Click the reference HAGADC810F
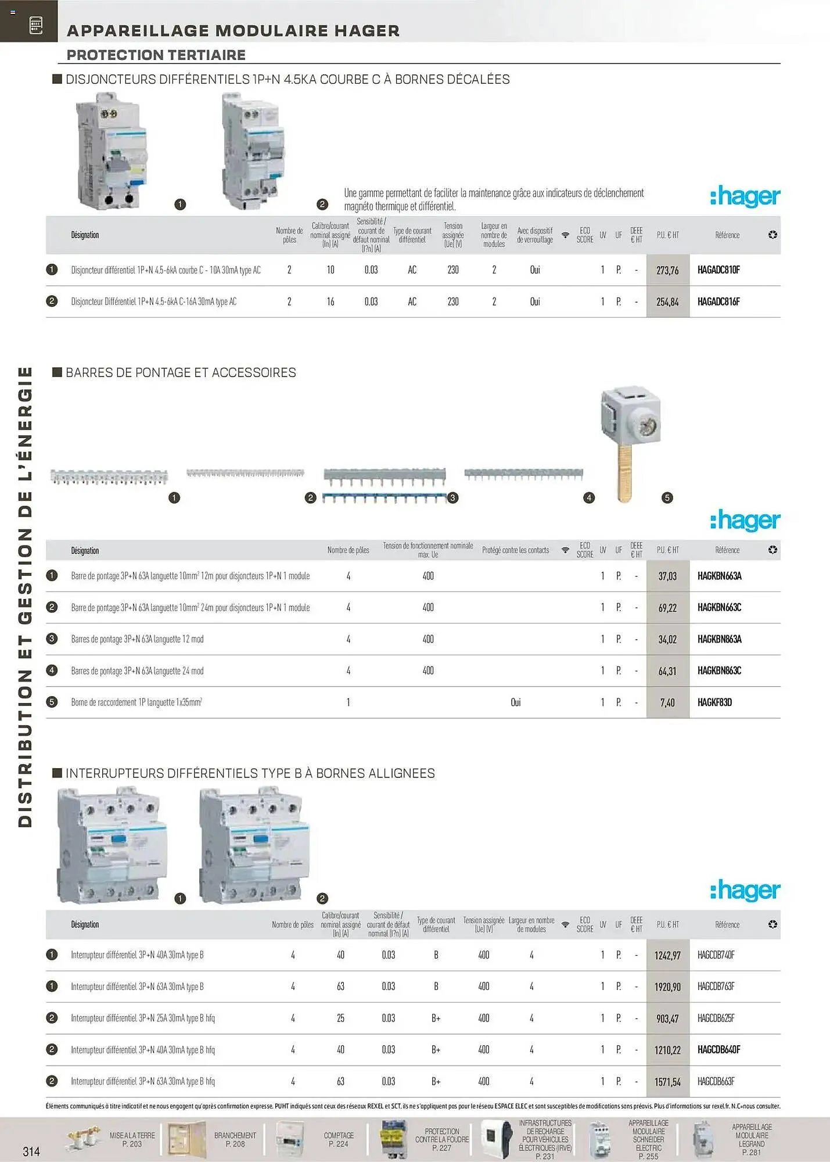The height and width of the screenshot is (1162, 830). (x=718, y=270)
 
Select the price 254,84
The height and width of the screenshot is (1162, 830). (x=667, y=302)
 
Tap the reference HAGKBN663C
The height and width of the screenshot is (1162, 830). (x=719, y=608)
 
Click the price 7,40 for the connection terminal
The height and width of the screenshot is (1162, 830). (x=667, y=703)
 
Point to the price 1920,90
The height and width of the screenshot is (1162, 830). (x=667, y=987)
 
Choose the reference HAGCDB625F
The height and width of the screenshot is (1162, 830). (x=716, y=1018)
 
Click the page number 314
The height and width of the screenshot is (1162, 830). (x=31, y=1151)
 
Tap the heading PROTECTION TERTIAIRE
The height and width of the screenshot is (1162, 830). (x=156, y=55)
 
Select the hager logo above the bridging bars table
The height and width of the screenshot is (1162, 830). (x=745, y=521)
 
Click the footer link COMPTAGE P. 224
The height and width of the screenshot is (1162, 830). (x=339, y=1139)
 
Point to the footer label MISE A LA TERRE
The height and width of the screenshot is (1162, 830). (x=132, y=1135)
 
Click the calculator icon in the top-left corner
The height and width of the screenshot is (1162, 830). (x=35, y=25)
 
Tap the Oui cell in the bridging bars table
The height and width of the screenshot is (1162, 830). (x=515, y=702)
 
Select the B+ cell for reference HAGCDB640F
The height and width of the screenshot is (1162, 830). (x=436, y=1050)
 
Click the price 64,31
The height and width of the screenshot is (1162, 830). (x=667, y=671)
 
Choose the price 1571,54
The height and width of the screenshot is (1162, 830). (x=667, y=1082)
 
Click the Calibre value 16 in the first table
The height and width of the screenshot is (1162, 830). (x=330, y=302)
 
